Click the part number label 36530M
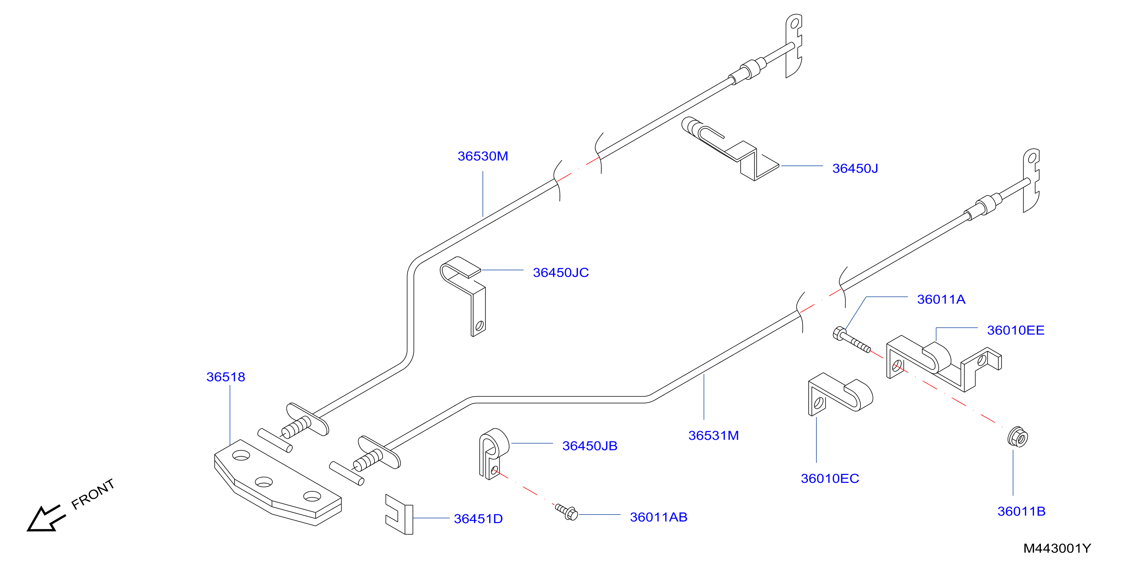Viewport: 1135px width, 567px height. click(x=482, y=156)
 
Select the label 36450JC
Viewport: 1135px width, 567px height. click(x=560, y=273)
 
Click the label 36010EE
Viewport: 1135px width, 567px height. click(x=1015, y=330)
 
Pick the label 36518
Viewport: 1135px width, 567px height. click(x=226, y=377)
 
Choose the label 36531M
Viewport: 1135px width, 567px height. click(x=713, y=436)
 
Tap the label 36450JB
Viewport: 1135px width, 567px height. click(x=589, y=446)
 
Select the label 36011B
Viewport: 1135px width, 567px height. click(x=1021, y=512)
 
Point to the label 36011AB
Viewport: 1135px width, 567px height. click(x=658, y=518)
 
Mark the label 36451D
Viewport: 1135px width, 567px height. click(x=478, y=519)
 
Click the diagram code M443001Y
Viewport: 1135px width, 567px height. click(x=1057, y=549)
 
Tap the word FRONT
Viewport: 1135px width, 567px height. click(x=93, y=494)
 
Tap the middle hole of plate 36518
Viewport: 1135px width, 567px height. click(x=264, y=482)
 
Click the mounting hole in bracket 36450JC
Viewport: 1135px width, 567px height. click(x=479, y=326)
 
